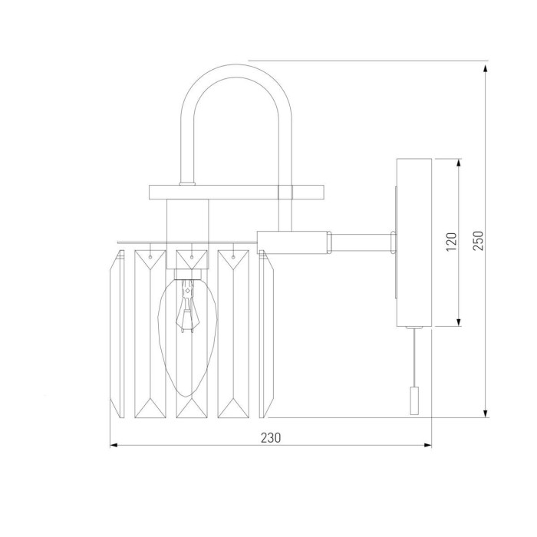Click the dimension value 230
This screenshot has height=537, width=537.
(x=271, y=438)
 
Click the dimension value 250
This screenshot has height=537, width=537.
(x=478, y=241)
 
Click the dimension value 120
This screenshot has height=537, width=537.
(x=451, y=242)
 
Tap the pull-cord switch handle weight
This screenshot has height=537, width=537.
(x=414, y=400)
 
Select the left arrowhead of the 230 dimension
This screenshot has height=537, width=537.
(x=114, y=445)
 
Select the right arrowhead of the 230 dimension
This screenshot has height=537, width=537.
(x=427, y=445)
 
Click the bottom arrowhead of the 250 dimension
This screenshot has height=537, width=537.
(x=486, y=413)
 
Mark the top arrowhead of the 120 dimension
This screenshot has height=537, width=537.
(x=459, y=163)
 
